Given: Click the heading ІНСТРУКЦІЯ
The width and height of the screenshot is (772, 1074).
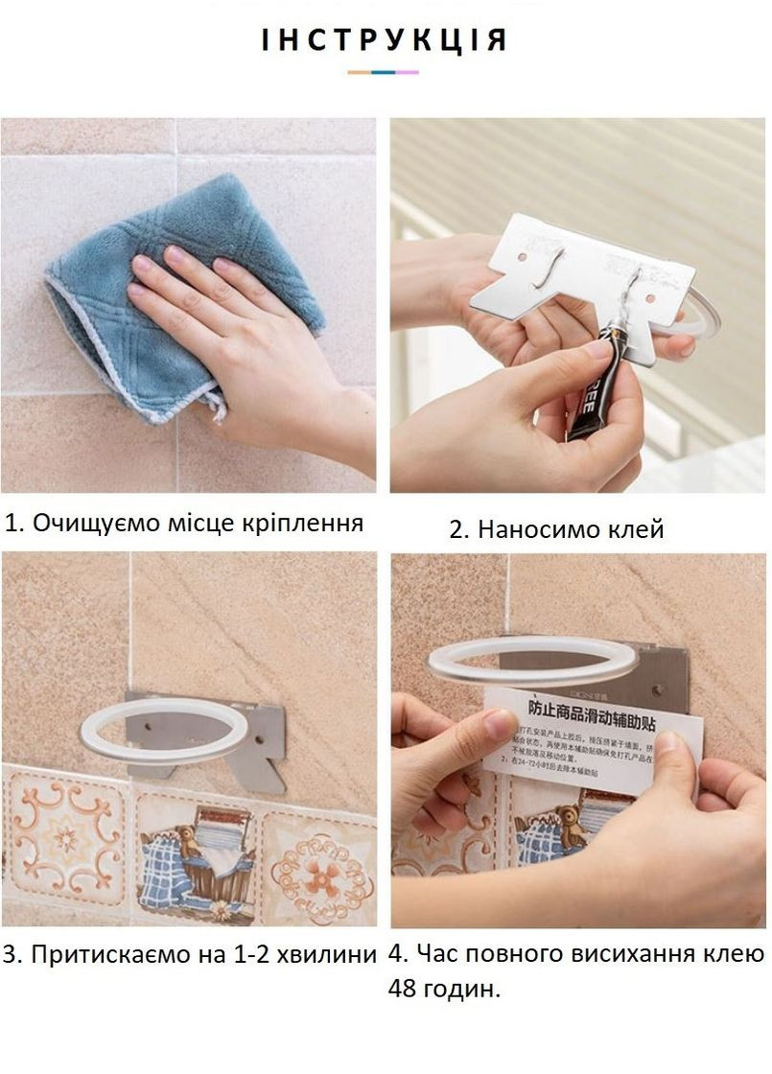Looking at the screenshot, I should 385,40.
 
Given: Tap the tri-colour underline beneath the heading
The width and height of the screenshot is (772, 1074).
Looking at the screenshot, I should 385,72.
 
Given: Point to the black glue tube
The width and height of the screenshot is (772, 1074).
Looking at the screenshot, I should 595,384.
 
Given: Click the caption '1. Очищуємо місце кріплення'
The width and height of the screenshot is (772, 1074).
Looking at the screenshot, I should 184,523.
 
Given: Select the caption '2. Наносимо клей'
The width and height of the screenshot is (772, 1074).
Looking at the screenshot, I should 556,528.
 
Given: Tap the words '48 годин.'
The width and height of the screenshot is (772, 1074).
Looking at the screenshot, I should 445,988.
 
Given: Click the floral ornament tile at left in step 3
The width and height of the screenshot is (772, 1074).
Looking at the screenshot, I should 62,834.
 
